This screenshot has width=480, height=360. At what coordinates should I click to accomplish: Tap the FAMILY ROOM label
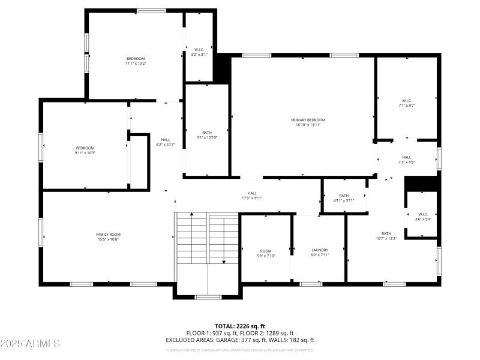(x=108, y=234)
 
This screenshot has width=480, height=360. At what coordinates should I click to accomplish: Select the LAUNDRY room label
(x=320, y=250)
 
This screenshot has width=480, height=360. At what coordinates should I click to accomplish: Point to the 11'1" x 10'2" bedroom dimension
(x=136, y=64)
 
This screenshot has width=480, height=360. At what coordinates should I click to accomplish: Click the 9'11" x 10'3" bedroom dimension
(x=85, y=153)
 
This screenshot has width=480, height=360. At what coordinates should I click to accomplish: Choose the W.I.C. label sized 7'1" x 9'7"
(x=407, y=100)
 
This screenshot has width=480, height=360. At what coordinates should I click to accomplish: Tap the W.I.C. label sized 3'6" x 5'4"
(x=423, y=214)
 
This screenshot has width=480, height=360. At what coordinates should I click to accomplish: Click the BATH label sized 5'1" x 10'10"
(x=207, y=133)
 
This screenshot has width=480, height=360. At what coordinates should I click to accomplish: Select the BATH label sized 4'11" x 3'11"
(x=344, y=196)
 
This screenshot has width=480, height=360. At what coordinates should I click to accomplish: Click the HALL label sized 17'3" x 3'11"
(x=252, y=193)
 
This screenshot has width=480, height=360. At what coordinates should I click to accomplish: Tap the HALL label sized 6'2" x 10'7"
(x=165, y=140)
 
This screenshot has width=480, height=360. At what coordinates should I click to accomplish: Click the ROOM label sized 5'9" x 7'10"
(x=266, y=251)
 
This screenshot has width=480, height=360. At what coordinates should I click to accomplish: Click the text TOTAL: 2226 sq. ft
(x=239, y=326)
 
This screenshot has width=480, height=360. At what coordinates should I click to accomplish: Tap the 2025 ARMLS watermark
(x=30, y=344)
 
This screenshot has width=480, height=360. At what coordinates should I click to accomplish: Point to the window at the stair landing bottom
(x=208, y=297)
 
